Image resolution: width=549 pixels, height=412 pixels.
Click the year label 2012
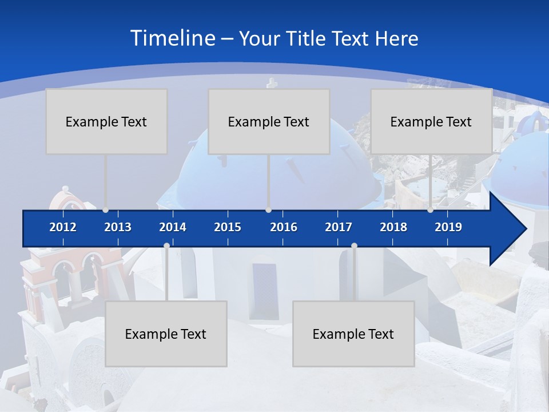pos(63,227)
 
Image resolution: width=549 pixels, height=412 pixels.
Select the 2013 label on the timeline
pos(118,227)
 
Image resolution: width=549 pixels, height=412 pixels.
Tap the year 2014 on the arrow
pos(173,227)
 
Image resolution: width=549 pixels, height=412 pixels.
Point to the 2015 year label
pos(228,227)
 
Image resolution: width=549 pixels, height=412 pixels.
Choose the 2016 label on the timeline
pos(284,227)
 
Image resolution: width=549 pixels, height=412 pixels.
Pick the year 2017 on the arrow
pos(339,227)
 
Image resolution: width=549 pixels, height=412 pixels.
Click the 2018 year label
pos(393,227)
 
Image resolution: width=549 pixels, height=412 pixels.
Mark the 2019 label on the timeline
pos(448,227)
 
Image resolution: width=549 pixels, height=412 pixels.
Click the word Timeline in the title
pos(172,38)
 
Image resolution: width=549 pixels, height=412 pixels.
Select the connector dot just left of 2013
pos(105,210)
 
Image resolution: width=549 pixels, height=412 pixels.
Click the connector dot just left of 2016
pos(268,210)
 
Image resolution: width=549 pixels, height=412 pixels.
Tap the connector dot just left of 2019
pos(430,210)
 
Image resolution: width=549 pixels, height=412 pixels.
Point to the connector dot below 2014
pos(166,246)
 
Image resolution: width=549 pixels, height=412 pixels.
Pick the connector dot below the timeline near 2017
pos(354,246)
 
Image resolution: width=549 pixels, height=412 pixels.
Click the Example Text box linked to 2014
pos(166,334)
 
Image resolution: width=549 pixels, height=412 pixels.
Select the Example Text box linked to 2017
pos(353,334)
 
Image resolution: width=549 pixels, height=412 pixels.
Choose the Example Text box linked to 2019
pos(431,121)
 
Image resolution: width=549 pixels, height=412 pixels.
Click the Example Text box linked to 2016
pos(269,121)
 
